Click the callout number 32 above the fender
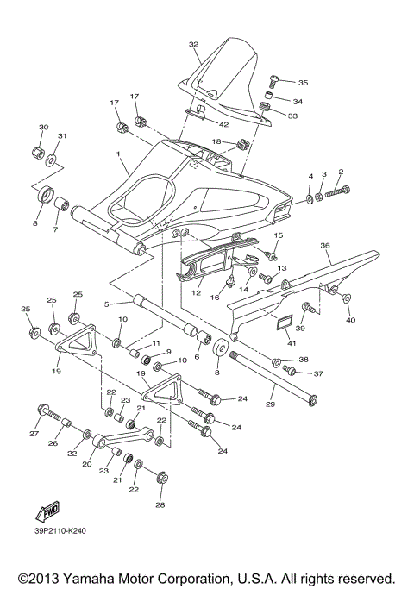click(x=193, y=44)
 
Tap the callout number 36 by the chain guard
click(x=325, y=245)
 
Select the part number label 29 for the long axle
click(x=271, y=404)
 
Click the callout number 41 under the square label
click(x=279, y=342)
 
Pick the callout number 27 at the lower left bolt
click(x=34, y=434)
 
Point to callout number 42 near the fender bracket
click(x=212, y=124)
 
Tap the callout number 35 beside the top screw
click(x=303, y=83)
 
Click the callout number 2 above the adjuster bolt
click(x=341, y=172)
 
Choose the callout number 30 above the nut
click(x=43, y=128)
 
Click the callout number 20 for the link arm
click(x=86, y=463)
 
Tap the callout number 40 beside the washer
click(x=351, y=320)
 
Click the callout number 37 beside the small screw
click(x=318, y=373)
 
